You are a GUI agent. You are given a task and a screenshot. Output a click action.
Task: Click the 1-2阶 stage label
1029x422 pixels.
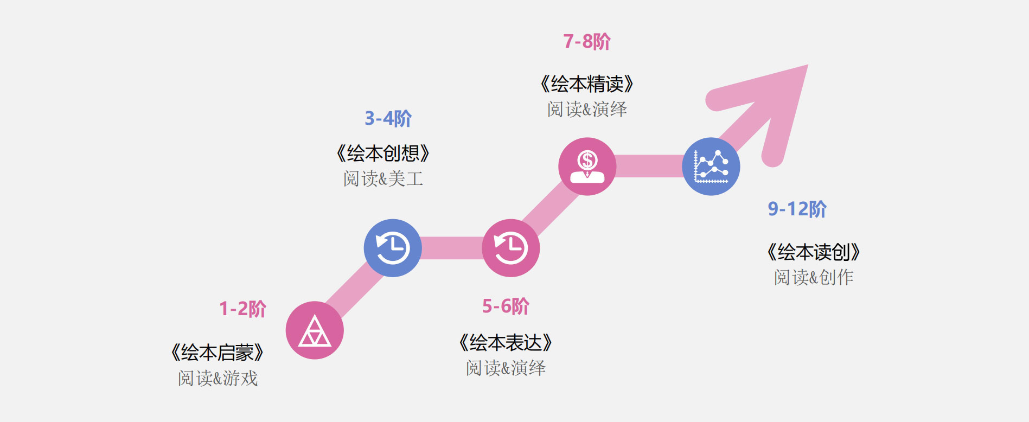[242, 309]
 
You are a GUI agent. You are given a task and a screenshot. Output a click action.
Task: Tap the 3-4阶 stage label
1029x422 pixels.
[388, 118]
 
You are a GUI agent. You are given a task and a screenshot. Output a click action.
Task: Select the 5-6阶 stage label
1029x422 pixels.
[506, 306]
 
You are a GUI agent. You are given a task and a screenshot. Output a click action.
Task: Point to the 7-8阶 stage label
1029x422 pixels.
[587, 41]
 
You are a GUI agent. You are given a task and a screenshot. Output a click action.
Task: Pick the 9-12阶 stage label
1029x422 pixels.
[797, 209]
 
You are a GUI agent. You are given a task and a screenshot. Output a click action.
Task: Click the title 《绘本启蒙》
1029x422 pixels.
[218, 353]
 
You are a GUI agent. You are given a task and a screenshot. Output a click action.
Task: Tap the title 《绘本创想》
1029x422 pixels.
[383, 154]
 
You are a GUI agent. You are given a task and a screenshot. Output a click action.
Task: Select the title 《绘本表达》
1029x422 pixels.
[506, 343]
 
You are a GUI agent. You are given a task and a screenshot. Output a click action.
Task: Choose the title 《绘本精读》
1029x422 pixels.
[587, 84]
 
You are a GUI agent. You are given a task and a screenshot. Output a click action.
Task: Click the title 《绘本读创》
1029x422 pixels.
[814, 252]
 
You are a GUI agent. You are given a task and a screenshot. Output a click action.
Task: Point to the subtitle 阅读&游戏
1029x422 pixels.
[218, 378]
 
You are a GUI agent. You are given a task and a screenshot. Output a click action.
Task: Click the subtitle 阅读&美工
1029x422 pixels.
[383, 178]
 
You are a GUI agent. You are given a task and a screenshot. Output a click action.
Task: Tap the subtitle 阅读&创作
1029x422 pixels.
[814, 277]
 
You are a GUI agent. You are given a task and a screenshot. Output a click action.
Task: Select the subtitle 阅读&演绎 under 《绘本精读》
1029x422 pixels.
[587, 109]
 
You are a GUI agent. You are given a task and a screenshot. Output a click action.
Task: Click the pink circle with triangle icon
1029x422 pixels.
[315, 330]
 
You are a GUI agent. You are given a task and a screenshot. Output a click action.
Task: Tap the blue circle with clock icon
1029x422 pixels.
[393, 248]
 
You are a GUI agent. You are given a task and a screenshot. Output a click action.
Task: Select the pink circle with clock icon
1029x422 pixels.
[511, 248]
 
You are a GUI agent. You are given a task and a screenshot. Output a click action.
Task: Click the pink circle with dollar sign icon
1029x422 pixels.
[587, 167]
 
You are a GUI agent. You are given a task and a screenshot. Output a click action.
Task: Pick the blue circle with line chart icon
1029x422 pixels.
[711, 167]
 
